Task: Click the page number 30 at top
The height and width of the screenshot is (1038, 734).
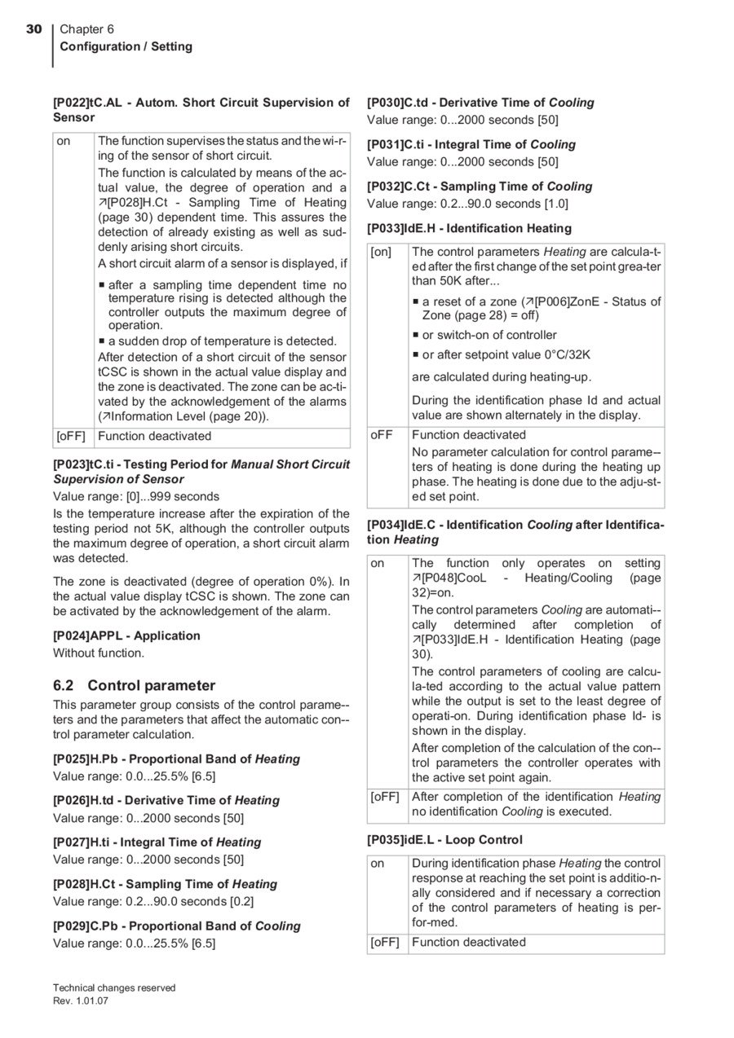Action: tap(33, 29)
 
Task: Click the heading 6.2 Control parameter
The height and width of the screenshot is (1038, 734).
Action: tap(134, 685)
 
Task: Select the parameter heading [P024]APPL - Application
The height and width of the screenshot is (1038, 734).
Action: tap(126, 636)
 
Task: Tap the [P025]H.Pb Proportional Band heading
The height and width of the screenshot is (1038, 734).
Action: tap(176, 759)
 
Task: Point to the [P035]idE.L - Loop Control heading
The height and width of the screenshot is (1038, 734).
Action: tap(444, 839)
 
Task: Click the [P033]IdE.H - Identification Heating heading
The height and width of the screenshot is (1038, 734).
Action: tap(469, 228)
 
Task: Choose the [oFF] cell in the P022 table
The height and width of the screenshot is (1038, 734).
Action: tap(71, 436)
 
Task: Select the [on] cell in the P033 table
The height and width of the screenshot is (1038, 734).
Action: tap(382, 253)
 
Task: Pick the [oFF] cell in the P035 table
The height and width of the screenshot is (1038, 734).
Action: tap(385, 942)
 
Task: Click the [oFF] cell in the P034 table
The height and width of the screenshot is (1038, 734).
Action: tap(385, 797)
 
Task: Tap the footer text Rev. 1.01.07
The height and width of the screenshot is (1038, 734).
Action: tap(80, 1001)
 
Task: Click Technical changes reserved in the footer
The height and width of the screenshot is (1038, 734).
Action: tap(114, 987)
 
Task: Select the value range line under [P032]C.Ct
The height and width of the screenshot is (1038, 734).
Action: tap(467, 204)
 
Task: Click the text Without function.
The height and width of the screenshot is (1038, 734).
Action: tap(99, 653)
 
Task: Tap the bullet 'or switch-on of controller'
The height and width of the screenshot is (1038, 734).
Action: tap(489, 335)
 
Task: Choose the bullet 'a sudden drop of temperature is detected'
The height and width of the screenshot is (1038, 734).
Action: tap(222, 341)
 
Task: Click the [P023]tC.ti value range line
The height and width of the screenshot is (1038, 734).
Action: tap(136, 496)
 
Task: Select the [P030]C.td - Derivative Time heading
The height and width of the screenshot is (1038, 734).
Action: tap(480, 103)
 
